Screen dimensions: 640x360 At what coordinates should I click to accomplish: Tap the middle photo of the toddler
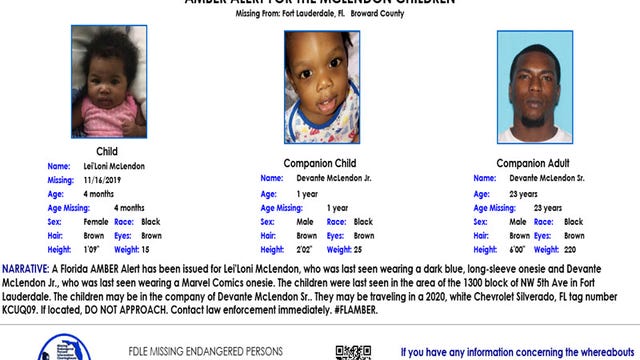click(x=321, y=88)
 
